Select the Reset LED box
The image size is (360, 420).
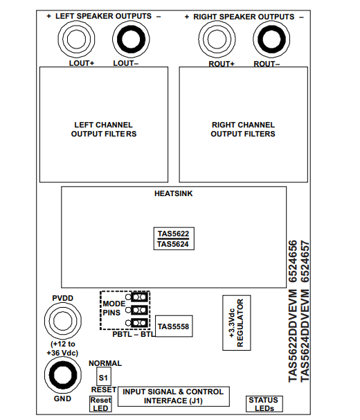click(100, 404)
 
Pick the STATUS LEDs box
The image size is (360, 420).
click(264, 404)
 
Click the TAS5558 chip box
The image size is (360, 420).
click(174, 326)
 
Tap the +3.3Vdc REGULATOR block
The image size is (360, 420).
click(237, 323)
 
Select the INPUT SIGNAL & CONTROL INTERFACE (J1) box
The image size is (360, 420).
click(174, 396)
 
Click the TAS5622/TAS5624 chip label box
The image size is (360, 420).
click(174, 238)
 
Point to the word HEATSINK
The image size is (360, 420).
click(174, 193)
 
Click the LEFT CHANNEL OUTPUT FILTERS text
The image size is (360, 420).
click(104, 130)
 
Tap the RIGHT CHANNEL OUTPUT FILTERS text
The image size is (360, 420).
click(243, 130)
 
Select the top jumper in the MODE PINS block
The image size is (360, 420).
click(139, 297)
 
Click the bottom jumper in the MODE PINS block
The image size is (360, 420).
click(139, 323)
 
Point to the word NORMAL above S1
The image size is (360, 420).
click(105, 363)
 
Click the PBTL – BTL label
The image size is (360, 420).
click(134, 334)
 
